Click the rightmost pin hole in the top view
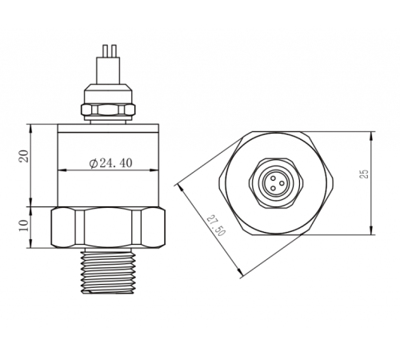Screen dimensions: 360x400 [280, 180]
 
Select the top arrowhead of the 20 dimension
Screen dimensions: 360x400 [31, 126]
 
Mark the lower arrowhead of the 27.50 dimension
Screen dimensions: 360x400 [242, 277]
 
